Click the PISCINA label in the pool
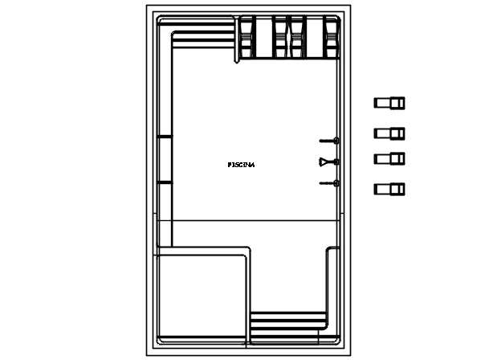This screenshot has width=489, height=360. (241, 165)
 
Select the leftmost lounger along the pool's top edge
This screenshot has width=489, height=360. (247, 37)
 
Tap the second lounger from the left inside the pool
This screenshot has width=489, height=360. (280, 37)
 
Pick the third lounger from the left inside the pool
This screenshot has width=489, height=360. (297, 37)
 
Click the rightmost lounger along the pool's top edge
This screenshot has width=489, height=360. (332, 37)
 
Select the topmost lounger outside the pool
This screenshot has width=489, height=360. (389, 103)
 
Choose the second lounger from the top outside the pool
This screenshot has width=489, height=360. (389, 133)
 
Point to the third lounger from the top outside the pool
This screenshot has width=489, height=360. (389, 158)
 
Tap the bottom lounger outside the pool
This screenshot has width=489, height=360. (389, 189)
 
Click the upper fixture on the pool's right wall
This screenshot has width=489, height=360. (329, 141)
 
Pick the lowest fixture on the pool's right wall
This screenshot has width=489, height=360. (329, 183)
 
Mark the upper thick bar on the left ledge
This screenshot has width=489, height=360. (165, 137)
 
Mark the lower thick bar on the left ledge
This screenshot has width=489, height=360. (165, 182)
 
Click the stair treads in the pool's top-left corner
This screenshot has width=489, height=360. (203, 39)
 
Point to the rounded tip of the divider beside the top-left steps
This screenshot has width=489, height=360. (237, 62)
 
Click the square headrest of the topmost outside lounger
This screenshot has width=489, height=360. (397, 103)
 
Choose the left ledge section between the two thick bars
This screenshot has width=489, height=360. (165, 160)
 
